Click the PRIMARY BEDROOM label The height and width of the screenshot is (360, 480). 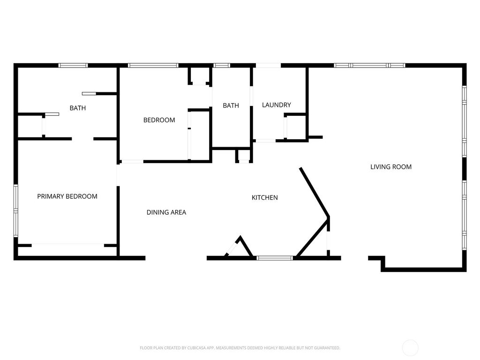click(x=67, y=196)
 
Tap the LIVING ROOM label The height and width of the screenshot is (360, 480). click(x=391, y=167)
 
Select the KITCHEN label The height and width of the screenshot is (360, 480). click(x=265, y=198)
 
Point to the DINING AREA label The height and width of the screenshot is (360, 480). click(x=166, y=212)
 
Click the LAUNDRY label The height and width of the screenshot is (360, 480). click(x=277, y=105)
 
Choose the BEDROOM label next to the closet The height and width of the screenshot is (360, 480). click(x=159, y=120)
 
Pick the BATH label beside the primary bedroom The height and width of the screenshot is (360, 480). click(x=78, y=108)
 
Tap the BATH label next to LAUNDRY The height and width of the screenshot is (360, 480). click(x=231, y=105)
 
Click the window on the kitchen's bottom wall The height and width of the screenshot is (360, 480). click(x=275, y=257)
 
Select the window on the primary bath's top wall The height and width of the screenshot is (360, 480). click(x=73, y=65)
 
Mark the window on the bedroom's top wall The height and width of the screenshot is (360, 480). click(x=153, y=65)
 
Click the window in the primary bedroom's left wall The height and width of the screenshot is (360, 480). click(x=15, y=211)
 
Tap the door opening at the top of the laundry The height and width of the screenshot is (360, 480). click(x=268, y=65)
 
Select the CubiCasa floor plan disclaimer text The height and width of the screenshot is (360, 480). click(x=240, y=348)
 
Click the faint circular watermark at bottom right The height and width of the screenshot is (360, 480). click(x=410, y=348)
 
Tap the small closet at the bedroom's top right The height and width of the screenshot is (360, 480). click(x=199, y=76)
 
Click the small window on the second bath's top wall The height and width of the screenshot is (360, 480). click(x=222, y=65)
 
